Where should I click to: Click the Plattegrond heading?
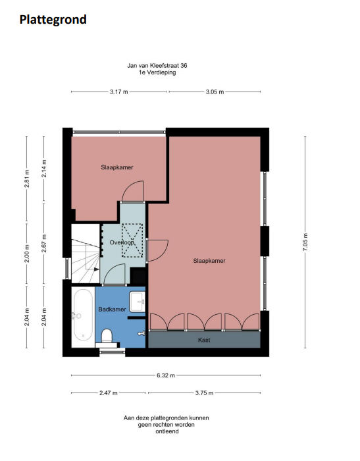(x=53, y=20)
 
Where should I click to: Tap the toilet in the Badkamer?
(x=107, y=336)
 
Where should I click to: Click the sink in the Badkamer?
(x=138, y=302)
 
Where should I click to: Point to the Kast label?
(x=204, y=340)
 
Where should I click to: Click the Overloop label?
(x=122, y=242)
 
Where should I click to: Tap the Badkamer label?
(x=112, y=310)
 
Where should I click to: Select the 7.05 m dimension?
(x=305, y=242)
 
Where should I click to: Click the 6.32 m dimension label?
(x=166, y=375)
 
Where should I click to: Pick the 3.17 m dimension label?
(x=118, y=92)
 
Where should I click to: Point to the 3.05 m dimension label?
(x=215, y=92)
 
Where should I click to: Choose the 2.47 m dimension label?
(x=109, y=393)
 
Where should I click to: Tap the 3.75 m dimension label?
(x=204, y=393)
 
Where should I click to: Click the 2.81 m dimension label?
(x=27, y=178)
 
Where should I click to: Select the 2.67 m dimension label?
(x=44, y=243)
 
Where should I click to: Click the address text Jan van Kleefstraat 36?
(x=157, y=66)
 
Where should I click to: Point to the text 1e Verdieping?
(x=157, y=72)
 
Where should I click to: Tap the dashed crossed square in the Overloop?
(x=132, y=240)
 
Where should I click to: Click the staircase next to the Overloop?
(x=86, y=254)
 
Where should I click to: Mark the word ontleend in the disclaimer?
(x=167, y=431)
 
